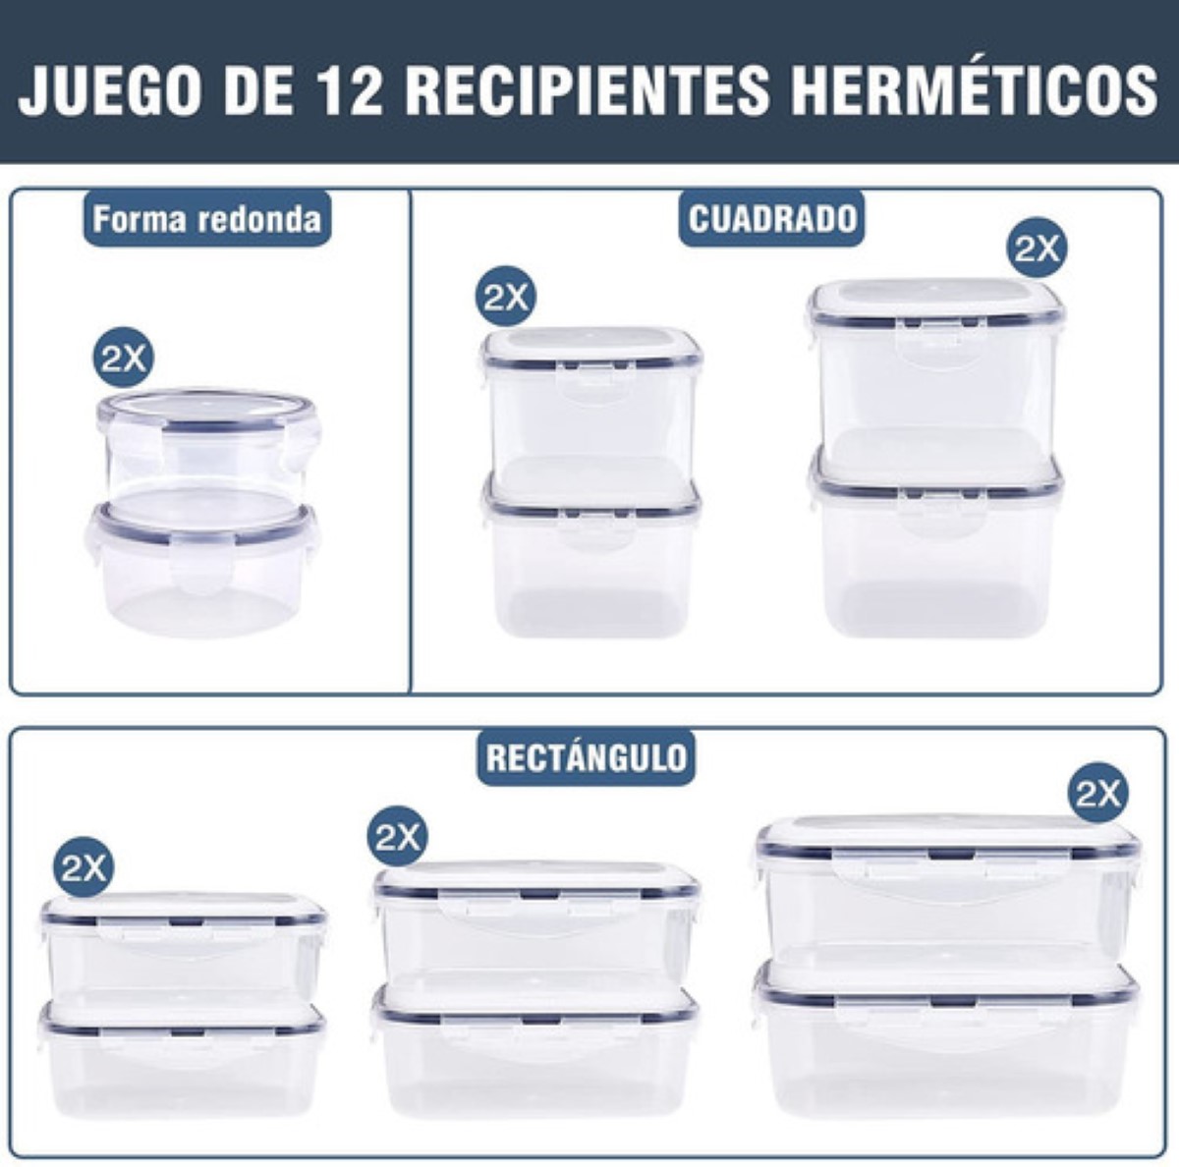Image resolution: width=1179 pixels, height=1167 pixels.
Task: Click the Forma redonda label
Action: coord(206,218)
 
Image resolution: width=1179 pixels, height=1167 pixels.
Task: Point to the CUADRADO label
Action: coord(772,218)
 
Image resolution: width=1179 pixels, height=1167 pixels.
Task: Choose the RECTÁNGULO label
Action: coord(587,757)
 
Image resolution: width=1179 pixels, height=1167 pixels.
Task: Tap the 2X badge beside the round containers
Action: coord(123,359)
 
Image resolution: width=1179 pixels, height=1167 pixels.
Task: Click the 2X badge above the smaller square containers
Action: coord(506,296)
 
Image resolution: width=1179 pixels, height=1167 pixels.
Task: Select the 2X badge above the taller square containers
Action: coord(1038,250)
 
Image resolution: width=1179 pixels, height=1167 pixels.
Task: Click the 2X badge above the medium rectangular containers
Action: coord(398,837)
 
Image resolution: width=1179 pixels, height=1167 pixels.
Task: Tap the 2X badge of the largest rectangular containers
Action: coord(1098,792)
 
